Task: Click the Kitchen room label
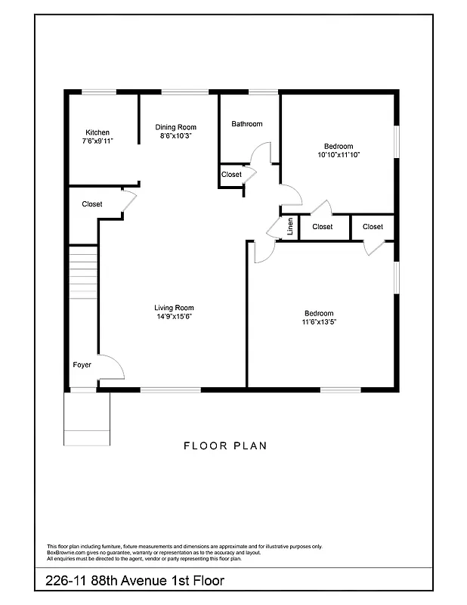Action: (x=97, y=132)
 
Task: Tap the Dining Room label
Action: (x=175, y=127)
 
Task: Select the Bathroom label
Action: (x=247, y=124)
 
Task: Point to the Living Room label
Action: (x=174, y=308)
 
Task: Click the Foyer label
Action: (x=82, y=365)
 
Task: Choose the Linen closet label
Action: (x=289, y=227)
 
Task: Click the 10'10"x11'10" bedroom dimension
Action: (x=339, y=155)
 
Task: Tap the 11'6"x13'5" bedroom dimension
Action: (x=319, y=321)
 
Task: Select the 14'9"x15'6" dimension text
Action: (x=174, y=317)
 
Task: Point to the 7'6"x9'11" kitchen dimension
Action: (x=97, y=141)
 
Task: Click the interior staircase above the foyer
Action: (x=83, y=272)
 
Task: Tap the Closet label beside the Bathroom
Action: (x=231, y=175)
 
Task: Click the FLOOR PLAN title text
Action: (x=225, y=446)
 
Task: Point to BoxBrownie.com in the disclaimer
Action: (x=65, y=552)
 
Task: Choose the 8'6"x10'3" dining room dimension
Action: (x=175, y=136)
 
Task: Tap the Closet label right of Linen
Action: (x=322, y=227)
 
